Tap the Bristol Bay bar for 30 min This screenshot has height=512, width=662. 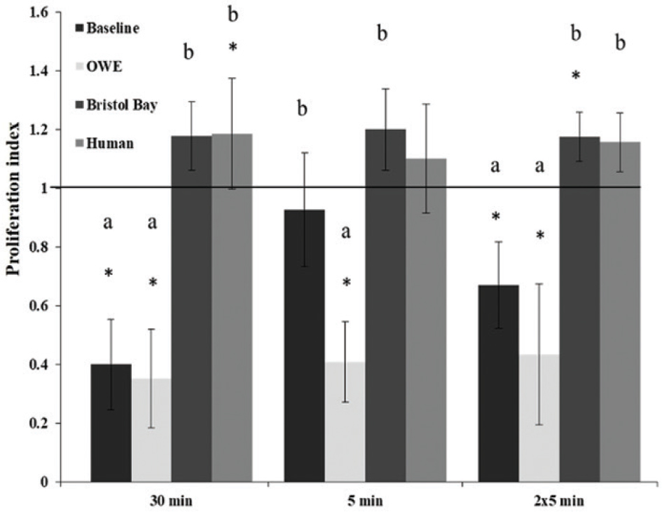coord(191,309)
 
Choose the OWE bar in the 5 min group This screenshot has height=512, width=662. coord(345,422)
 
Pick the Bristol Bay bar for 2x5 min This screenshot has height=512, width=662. coord(579,309)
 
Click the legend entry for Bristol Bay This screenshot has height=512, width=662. coord(116,104)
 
